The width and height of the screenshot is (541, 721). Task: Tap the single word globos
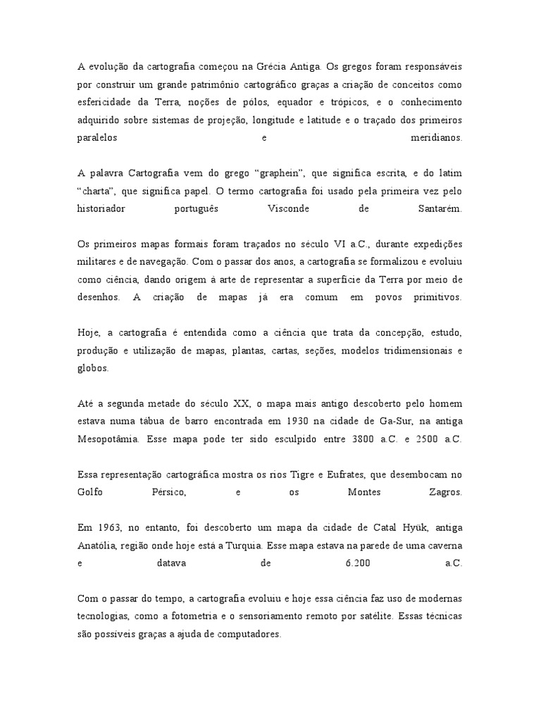pos(93,368)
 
